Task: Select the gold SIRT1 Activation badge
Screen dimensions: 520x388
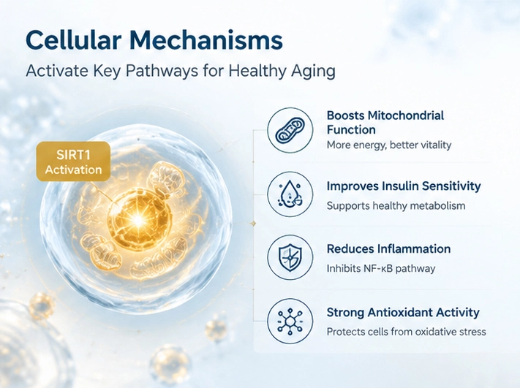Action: click(x=73, y=161)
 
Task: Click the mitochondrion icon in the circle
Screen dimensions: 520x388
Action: click(x=290, y=130)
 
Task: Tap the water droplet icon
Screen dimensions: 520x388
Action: click(x=290, y=194)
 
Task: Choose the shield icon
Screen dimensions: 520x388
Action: click(x=290, y=257)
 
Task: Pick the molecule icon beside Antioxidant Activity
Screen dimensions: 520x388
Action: click(x=290, y=321)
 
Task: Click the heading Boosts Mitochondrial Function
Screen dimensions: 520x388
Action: click(x=385, y=122)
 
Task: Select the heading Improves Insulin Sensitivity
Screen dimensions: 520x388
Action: click(x=404, y=186)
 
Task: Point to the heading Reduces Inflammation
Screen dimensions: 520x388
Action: click(x=388, y=249)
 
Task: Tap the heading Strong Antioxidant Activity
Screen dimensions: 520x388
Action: click(x=403, y=313)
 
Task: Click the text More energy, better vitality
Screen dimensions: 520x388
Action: click(x=389, y=145)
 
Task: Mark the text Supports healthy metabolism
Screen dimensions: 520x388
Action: click(x=396, y=206)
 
